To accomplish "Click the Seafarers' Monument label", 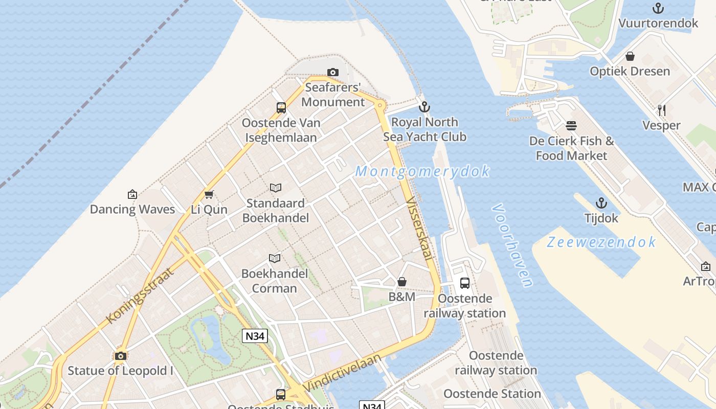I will click(x=333, y=95).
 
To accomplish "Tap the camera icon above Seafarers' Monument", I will click(x=333, y=73).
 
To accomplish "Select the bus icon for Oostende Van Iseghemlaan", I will click(x=281, y=107).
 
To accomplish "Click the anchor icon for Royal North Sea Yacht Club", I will click(x=424, y=107).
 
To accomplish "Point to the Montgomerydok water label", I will click(x=422, y=171).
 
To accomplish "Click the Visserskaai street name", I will click(x=420, y=230).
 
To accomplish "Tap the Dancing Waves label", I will click(x=132, y=209).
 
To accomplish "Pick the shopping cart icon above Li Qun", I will click(x=209, y=194).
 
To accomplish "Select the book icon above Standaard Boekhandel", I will click(x=276, y=188).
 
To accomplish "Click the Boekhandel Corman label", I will click(x=274, y=281).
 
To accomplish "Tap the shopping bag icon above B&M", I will click(x=402, y=282).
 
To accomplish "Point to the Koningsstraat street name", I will click(x=140, y=295).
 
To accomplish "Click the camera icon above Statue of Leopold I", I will click(x=121, y=356).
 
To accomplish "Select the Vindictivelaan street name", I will click(x=342, y=373).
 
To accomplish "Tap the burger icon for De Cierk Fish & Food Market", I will click(x=571, y=126).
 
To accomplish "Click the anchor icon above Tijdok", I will click(x=601, y=203).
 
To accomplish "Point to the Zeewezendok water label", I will click(x=601, y=242).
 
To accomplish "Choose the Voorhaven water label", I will click(x=512, y=245).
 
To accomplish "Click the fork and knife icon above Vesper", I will click(x=661, y=110).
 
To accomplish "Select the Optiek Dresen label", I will click(x=630, y=71).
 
